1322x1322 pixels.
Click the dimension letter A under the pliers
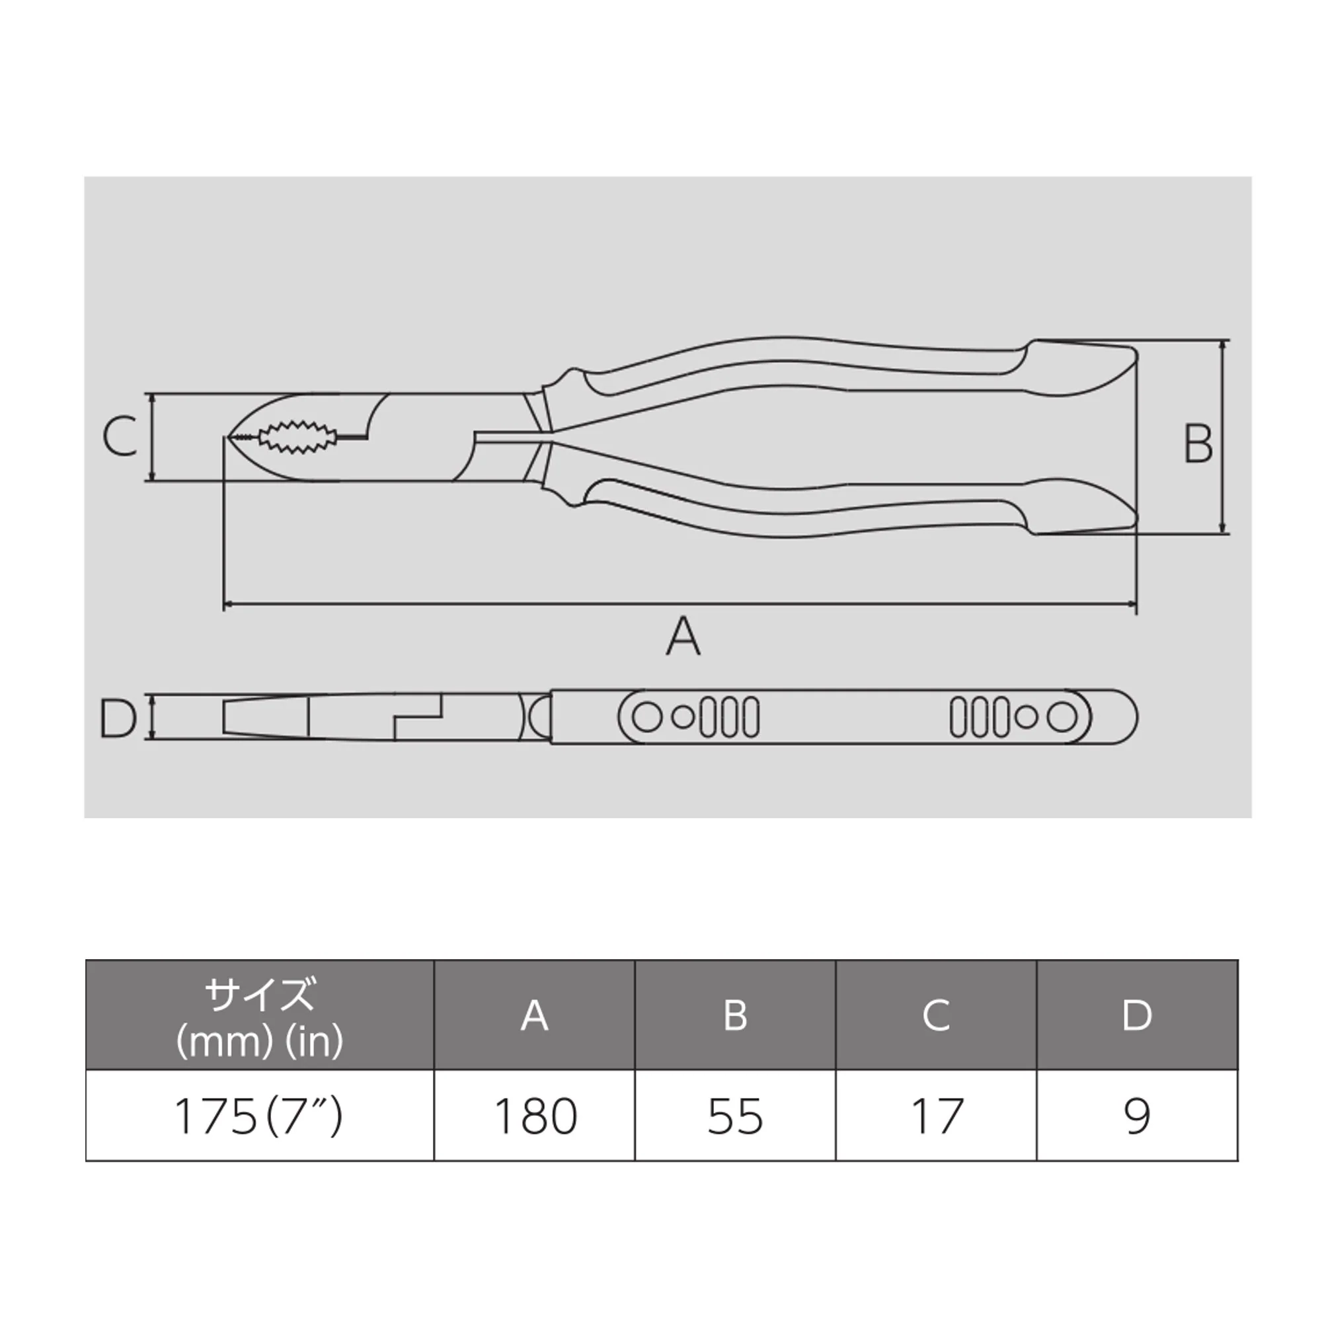point(683,637)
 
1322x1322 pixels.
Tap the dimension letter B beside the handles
point(1198,444)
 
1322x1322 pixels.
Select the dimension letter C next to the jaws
point(120,436)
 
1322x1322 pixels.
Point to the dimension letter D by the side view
point(118,718)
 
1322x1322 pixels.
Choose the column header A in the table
point(534,1015)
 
